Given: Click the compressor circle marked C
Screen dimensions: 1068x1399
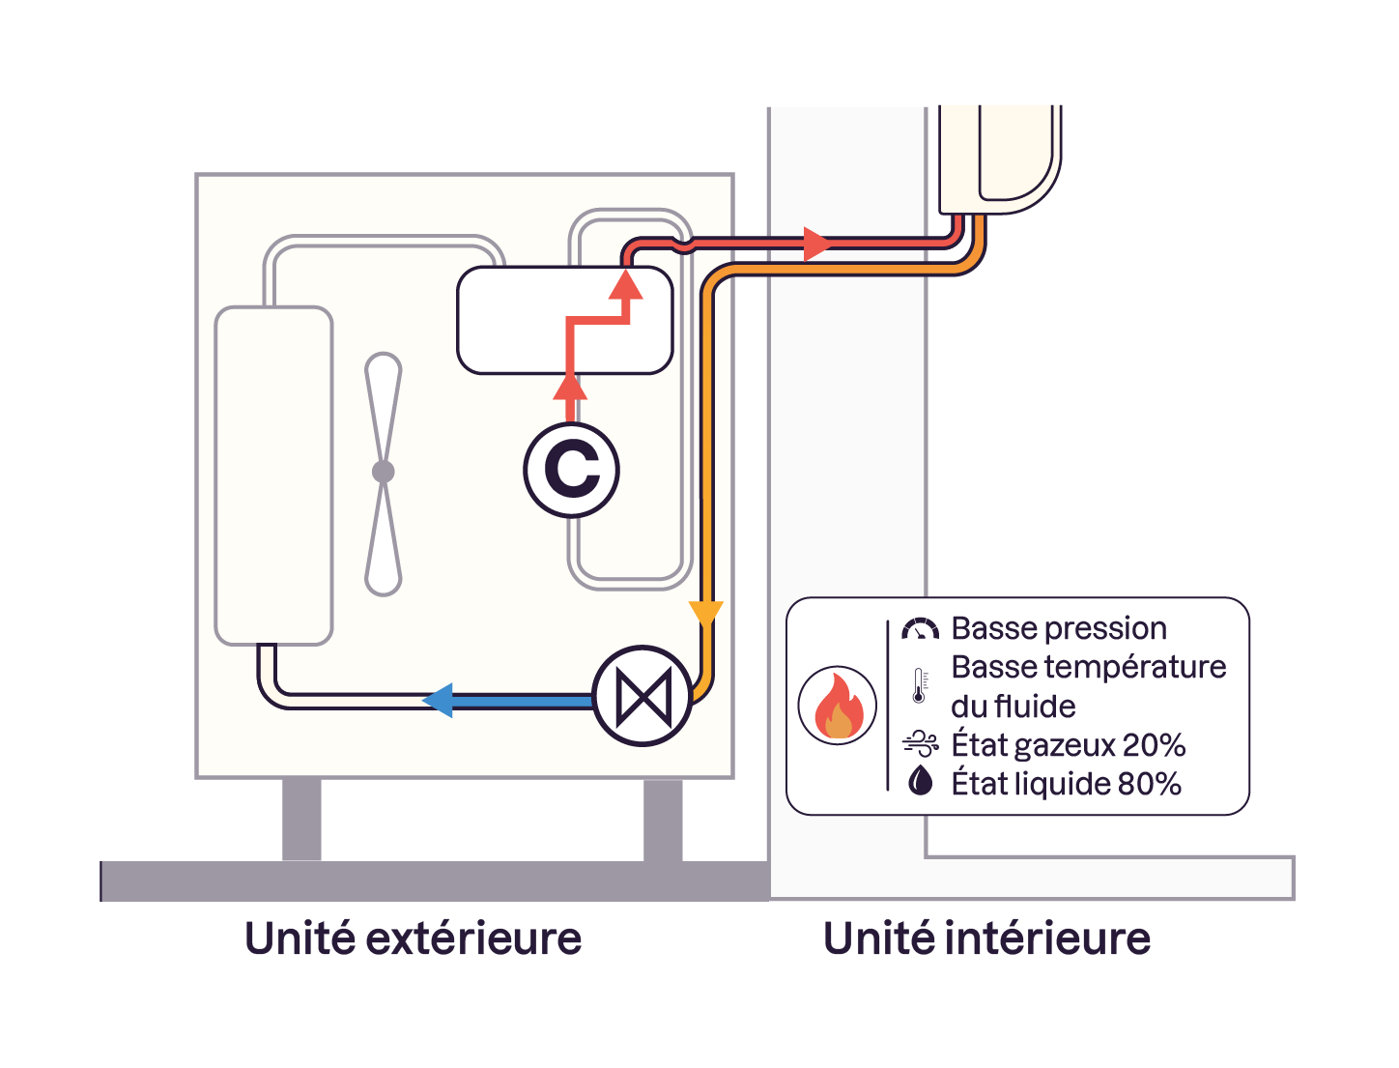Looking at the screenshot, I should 571,470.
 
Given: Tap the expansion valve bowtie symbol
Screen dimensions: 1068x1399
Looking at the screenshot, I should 642,696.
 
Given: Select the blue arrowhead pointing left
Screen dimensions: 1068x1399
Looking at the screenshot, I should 439,699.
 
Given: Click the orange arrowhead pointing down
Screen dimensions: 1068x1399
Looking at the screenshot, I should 705,613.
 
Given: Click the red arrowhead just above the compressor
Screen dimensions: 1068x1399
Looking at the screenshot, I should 570,387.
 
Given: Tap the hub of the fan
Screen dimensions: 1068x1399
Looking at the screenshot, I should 384,472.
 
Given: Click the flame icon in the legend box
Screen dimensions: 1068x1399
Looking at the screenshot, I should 838,706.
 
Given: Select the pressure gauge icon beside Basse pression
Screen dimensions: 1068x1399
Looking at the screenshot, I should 920,629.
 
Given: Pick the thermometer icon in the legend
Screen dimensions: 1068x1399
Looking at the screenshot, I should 919,685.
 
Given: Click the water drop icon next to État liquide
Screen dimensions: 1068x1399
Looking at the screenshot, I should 921,780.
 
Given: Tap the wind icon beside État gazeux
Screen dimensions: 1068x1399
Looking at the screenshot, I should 920,743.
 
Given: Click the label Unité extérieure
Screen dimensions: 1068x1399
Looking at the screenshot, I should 413,938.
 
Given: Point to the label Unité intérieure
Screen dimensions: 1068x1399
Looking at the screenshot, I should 986,938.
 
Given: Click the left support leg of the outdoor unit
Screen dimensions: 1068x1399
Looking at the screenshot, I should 301,819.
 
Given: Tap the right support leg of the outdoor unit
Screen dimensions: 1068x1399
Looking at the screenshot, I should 663,819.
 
